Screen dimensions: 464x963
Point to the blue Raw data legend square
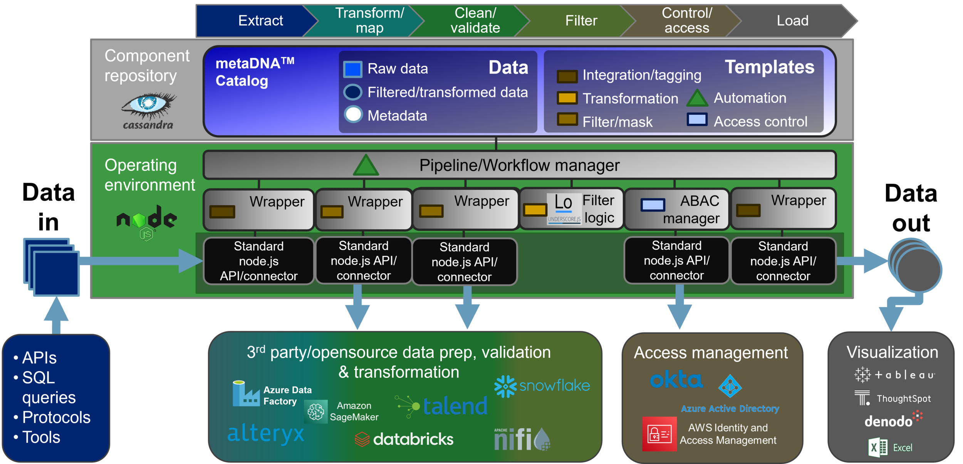(x=352, y=69)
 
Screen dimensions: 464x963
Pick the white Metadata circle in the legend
(x=353, y=114)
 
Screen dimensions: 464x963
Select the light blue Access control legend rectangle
(x=697, y=120)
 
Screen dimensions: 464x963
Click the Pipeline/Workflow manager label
(x=519, y=165)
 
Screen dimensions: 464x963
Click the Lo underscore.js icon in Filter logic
(x=564, y=208)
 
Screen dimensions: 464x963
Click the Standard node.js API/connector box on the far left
(x=258, y=261)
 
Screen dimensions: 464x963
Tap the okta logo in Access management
(x=676, y=380)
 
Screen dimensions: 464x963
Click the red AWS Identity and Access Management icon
(x=659, y=434)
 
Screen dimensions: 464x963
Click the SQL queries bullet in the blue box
(x=39, y=387)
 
